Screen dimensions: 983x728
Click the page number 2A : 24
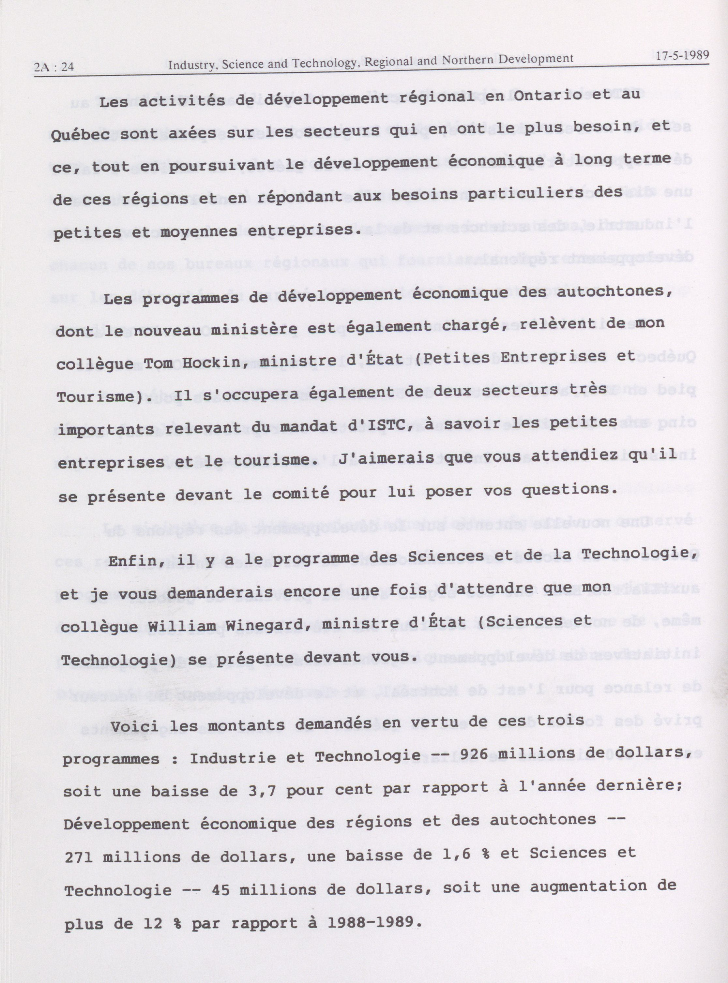click(x=54, y=67)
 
